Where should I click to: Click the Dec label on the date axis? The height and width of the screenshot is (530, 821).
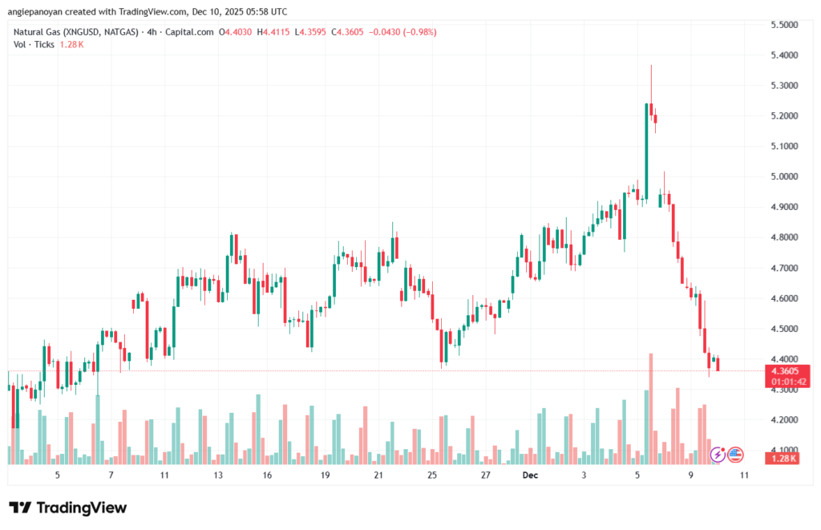[x=530, y=475]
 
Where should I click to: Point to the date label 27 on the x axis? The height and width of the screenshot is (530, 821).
[x=485, y=475]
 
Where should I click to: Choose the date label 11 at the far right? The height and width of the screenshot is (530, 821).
[x=744, y=475]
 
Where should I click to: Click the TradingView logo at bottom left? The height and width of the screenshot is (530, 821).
[x=68, y=508]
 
